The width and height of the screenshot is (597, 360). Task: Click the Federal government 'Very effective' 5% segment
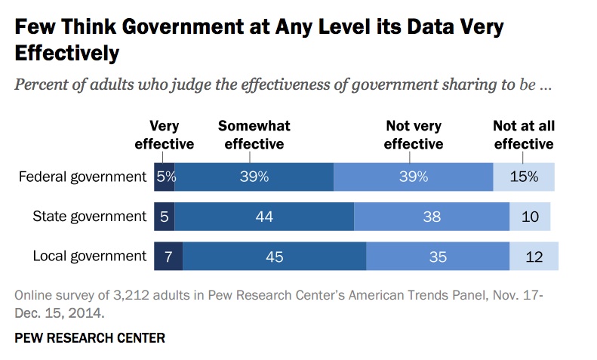click(x=165, y=177)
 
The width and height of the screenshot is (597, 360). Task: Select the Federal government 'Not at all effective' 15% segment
click(x=523, y=177)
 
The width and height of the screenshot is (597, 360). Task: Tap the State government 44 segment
click(x=264, y=217)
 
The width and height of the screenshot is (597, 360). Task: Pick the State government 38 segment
click(x=432, y=217)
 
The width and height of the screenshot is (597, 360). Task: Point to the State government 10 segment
click(x=530, y=217)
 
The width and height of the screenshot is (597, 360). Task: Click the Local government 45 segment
click(x=274, y=257)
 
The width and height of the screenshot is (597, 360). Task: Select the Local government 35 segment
click(x=438, y=257)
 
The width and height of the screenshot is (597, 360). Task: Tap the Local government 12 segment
click(x=534, y=257)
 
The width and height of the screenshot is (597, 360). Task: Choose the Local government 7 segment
click(x=168, y=257)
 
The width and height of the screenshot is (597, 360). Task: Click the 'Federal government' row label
click(x=82, y=177)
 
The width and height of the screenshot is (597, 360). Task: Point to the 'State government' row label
click(x=89, y=217)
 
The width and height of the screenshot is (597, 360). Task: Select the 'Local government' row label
click(x=89, y=257)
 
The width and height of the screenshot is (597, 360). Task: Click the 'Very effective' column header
click(x=165, y=135)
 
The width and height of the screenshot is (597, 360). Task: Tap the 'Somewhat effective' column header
click(x=254, y=135)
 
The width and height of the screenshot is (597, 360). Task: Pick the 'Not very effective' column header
click(x=413, y=135)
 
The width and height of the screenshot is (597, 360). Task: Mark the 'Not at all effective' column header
click(x=523, y=135)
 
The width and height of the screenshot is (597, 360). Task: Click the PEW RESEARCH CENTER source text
click(x=90, y=337)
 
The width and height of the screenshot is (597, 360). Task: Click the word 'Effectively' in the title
click(x=67, y=54)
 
